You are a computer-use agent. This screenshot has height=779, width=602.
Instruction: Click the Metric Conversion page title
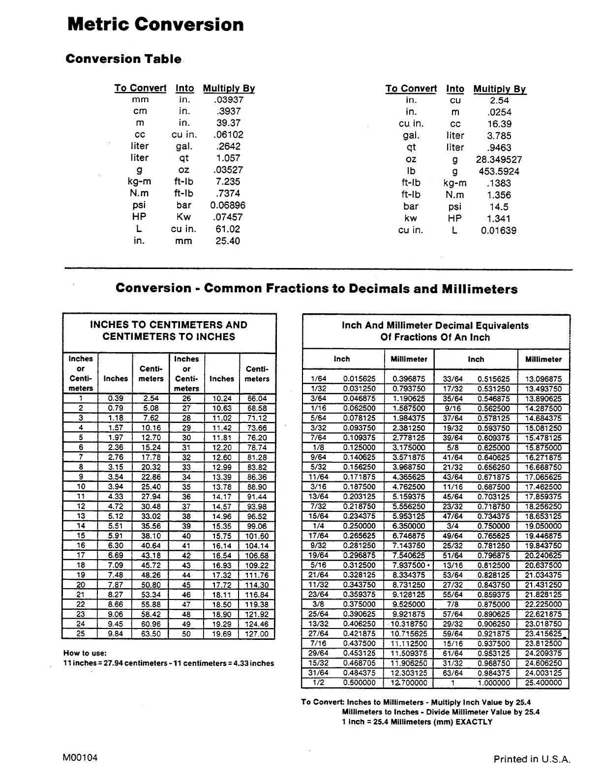(x=155, y=24)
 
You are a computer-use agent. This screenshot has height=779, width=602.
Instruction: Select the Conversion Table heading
(x=123, y=59)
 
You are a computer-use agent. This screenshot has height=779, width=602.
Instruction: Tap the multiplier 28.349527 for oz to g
(x=499, y=159)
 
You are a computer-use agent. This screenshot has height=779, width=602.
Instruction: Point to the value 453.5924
(x=499, y=171)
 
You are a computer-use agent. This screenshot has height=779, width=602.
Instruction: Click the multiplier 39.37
(x=228, y=123)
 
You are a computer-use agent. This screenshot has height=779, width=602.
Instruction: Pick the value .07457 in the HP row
(x=228, y=217)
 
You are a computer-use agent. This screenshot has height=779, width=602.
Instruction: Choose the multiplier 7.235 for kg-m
(x=228, y=181)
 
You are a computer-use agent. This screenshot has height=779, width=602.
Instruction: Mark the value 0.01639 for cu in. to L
(x=499, y=231)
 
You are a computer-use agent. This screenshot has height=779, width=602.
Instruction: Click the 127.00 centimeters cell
(x=257, y=634)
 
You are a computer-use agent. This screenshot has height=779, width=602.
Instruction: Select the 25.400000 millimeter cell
(x=543, y=683)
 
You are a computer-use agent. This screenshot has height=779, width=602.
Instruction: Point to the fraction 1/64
(x=318, y=379)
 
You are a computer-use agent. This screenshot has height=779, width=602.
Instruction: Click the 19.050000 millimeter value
(x=543, y=526)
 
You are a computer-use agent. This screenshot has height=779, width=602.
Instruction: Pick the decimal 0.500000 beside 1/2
(x=359, y=683)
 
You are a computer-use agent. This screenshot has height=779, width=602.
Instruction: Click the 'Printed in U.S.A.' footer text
(x=532, y=759)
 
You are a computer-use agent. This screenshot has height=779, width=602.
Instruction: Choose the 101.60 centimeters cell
(x=257, y=536)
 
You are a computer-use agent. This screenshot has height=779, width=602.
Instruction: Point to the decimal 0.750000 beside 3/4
(x=493, y=526)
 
